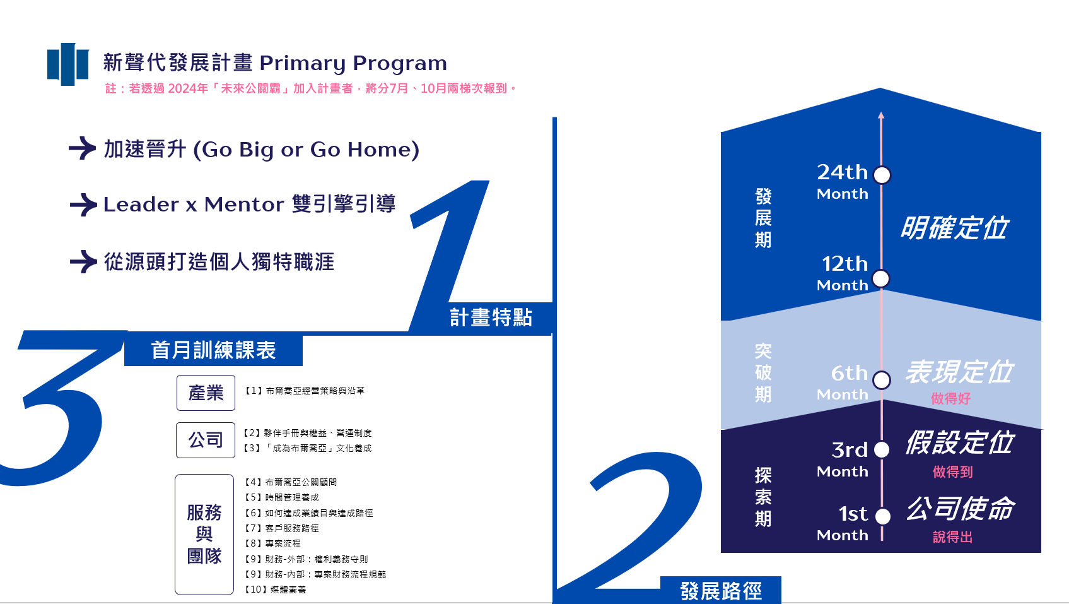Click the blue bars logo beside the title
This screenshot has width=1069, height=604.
click(67, 64)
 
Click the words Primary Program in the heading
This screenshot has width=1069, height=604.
click(353, 64)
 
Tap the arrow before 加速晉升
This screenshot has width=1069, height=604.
click(83, 148)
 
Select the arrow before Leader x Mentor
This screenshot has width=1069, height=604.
click(83, 205)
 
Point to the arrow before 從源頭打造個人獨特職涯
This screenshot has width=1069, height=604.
click(83, 262)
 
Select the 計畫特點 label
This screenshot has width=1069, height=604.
click(491, 317)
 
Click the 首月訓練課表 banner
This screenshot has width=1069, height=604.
click(213, 350)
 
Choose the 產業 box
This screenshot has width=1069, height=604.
click(206, 393)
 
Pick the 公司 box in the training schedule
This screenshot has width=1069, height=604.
click(206, 441)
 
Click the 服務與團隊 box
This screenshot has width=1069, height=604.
click(204, 535)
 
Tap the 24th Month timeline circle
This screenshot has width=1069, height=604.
click(882, 175)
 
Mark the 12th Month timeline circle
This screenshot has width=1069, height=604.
click(881, 279)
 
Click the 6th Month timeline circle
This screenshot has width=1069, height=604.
click(882, 381)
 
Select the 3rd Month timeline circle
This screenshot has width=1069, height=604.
click(882, 450)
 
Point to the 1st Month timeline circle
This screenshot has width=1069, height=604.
click(883, 516)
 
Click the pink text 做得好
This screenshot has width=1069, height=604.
click(950, 399)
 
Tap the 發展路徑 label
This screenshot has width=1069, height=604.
click(721, 591)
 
